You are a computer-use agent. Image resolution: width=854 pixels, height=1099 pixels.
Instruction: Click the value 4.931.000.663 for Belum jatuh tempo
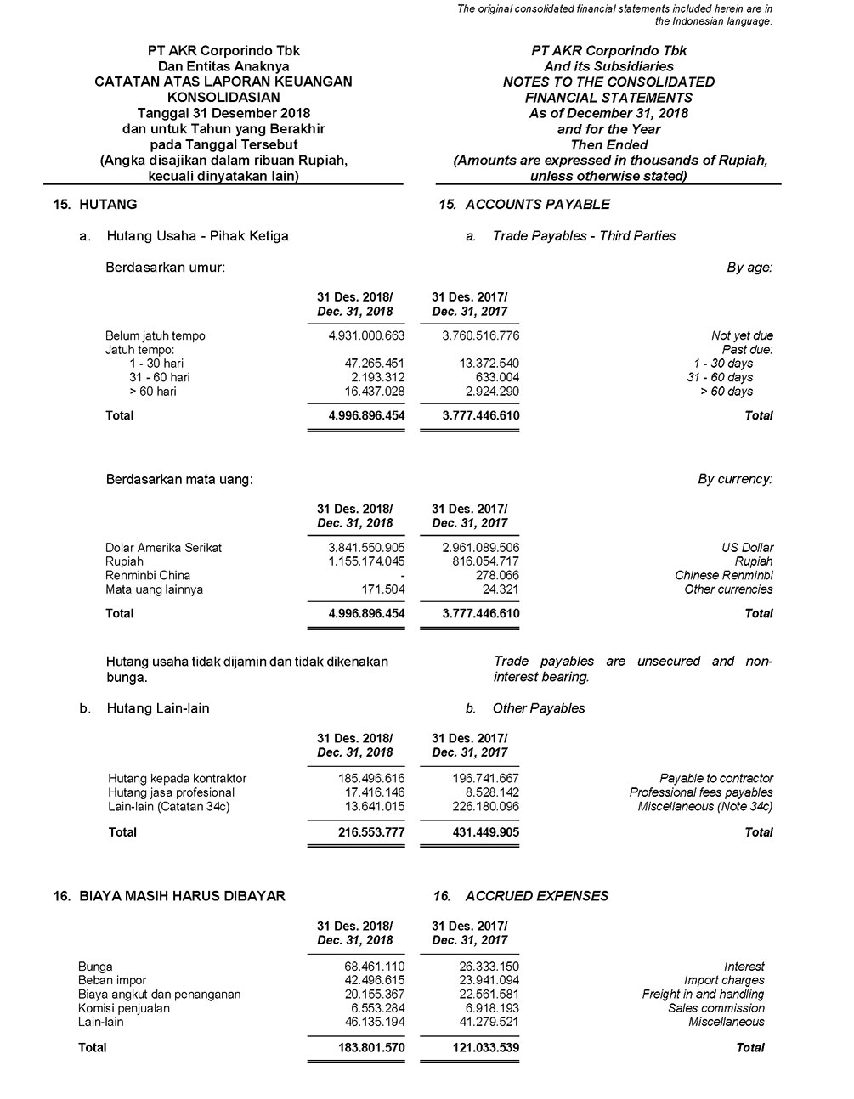click(366, 335)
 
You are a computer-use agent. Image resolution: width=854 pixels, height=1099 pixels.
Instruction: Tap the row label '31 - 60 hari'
click(160, 377)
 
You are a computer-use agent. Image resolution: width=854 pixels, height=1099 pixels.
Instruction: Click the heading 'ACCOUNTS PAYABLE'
click(537, 204)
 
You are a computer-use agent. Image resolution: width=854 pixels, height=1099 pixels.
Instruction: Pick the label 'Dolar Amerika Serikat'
click(163, 548)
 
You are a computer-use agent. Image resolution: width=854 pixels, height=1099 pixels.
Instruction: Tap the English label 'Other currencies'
click(728, 589)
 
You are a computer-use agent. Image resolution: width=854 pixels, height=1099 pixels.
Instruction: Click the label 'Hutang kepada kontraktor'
click(177, 778)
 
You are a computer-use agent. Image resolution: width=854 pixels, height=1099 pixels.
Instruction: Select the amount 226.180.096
click(481, 806)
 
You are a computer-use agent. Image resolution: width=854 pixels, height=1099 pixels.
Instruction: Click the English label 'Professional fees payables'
click(701, 792)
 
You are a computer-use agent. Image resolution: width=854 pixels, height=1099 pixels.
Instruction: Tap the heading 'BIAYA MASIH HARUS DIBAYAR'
click(182, 895)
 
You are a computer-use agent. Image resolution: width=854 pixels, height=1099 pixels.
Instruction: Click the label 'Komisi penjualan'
click(124, 1008)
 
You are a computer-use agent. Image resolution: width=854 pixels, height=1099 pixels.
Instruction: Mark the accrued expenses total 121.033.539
click(481, 1048)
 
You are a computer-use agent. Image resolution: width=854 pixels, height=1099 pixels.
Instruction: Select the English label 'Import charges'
click(724, 980)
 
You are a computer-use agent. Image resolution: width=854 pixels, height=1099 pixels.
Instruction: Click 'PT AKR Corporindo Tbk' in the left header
click(223, 51)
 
